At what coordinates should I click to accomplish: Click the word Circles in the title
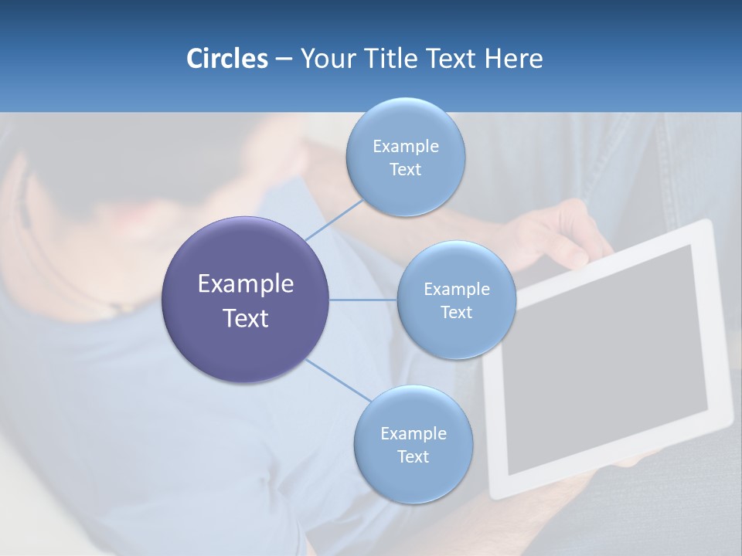coord(226,59)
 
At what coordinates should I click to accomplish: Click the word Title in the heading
coord(389,59)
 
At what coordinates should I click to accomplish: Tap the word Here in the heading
coord(513,59)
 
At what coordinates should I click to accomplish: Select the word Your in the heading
coord(325,59)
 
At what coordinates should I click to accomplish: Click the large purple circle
coord(245,300)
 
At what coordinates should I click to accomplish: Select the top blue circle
coord(405,157)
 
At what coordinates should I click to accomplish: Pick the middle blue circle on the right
coord(456,300)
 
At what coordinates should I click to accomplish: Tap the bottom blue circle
coord(413,444)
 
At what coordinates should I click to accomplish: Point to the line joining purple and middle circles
coord(363,300)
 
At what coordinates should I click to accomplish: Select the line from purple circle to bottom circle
coord(338,380)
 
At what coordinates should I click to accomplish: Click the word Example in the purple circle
coord(245,284)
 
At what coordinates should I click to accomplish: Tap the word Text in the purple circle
coord(245,318)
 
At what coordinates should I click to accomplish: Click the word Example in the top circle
coord(405,146)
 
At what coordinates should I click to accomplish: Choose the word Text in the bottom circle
coord(413,456)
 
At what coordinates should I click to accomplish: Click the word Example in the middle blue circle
coord(456,290)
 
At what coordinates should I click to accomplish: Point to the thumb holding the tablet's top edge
coord(576,255)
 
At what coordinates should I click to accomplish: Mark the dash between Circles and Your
coord(283,59)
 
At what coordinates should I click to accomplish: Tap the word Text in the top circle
coord(405,169)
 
